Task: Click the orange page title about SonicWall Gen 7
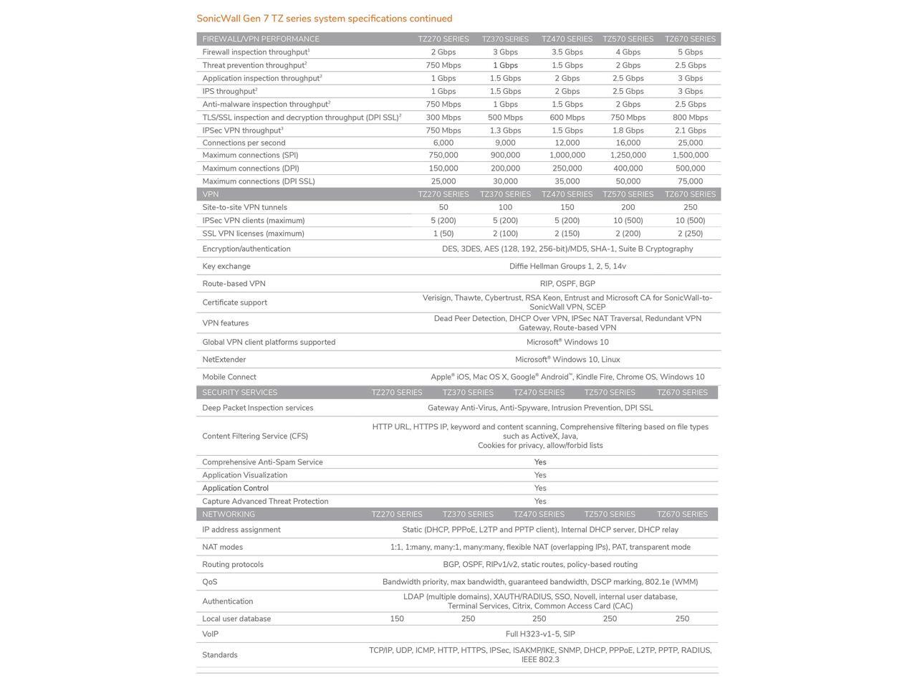point(325,19)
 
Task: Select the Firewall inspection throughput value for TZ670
point(690,52)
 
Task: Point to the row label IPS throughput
point(229,92)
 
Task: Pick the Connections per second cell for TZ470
point(567,143)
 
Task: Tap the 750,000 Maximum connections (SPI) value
point(443,156)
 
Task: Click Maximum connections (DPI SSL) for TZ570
point(628,181)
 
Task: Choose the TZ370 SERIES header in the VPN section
point(505,194)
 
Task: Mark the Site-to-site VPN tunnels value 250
point(690,208)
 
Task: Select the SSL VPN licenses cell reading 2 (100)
point(505,234)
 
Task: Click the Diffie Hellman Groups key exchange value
point(567,267)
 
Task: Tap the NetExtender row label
point(224,360)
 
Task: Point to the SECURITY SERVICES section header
point(239,393)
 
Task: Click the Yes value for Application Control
point(540,489)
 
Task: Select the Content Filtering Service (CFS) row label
point(254,436)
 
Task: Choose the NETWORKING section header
point(229,515)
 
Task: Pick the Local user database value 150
point(397,619)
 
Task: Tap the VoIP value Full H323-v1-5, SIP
point(540,634)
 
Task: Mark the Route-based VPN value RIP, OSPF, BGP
point(567,284)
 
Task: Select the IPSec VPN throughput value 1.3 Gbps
point(505,130)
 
